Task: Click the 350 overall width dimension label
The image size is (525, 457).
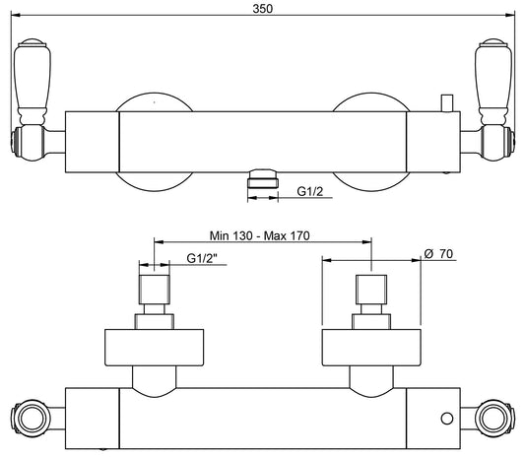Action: coord(262,9)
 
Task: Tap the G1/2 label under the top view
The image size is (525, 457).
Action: coord(310,191)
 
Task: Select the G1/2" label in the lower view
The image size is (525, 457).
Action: coord(202,258)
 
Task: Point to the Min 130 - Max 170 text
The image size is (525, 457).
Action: coord(259,235)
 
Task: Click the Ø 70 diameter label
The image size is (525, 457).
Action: coord(438,254)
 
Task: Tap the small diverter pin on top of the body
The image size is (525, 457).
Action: coord(447,103)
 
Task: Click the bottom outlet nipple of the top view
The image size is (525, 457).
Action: coord(263,179)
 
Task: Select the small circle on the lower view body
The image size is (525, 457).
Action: coord(447,419)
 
